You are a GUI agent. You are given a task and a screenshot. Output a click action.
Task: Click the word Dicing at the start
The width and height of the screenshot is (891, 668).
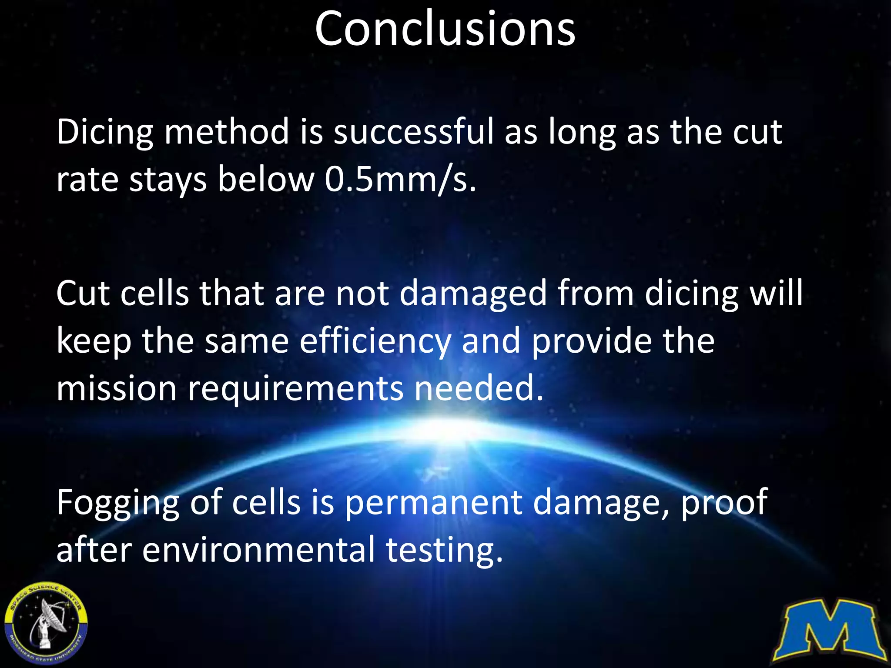(x=105, y=132)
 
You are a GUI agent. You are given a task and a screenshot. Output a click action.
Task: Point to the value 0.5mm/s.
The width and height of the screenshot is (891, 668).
(x=400, y=179)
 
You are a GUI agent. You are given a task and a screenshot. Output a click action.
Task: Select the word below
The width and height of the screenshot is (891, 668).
(x=265, y=179)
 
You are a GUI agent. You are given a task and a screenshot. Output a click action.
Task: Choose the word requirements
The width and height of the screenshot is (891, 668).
(x=295, y=389)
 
